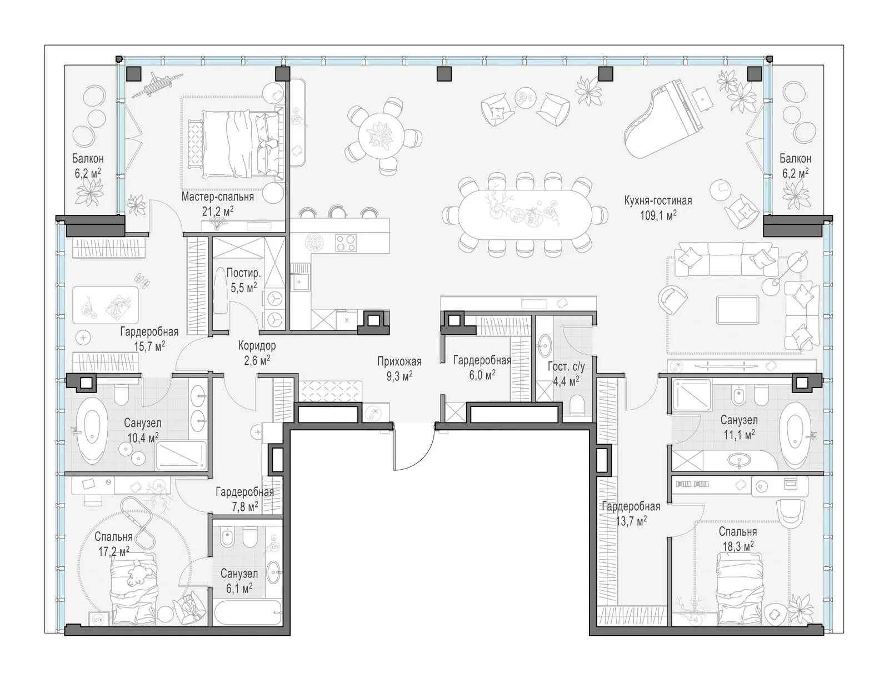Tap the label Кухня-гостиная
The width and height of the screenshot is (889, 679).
pos(658,200)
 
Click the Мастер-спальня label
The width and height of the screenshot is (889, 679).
pos(217,197)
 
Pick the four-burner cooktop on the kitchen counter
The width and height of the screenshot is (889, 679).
pos(346,243)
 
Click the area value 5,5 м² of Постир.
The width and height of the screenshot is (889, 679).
pos(243,288)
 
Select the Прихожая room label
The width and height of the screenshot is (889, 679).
pos(399,361)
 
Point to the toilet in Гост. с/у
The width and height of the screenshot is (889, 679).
pos(576,405)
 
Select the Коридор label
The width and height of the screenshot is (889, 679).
pos(257,345)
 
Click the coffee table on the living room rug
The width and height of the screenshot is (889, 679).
pos(737,310)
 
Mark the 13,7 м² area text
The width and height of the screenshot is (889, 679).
pos(631,521)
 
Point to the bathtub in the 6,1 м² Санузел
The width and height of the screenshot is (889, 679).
pos(247,613)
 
